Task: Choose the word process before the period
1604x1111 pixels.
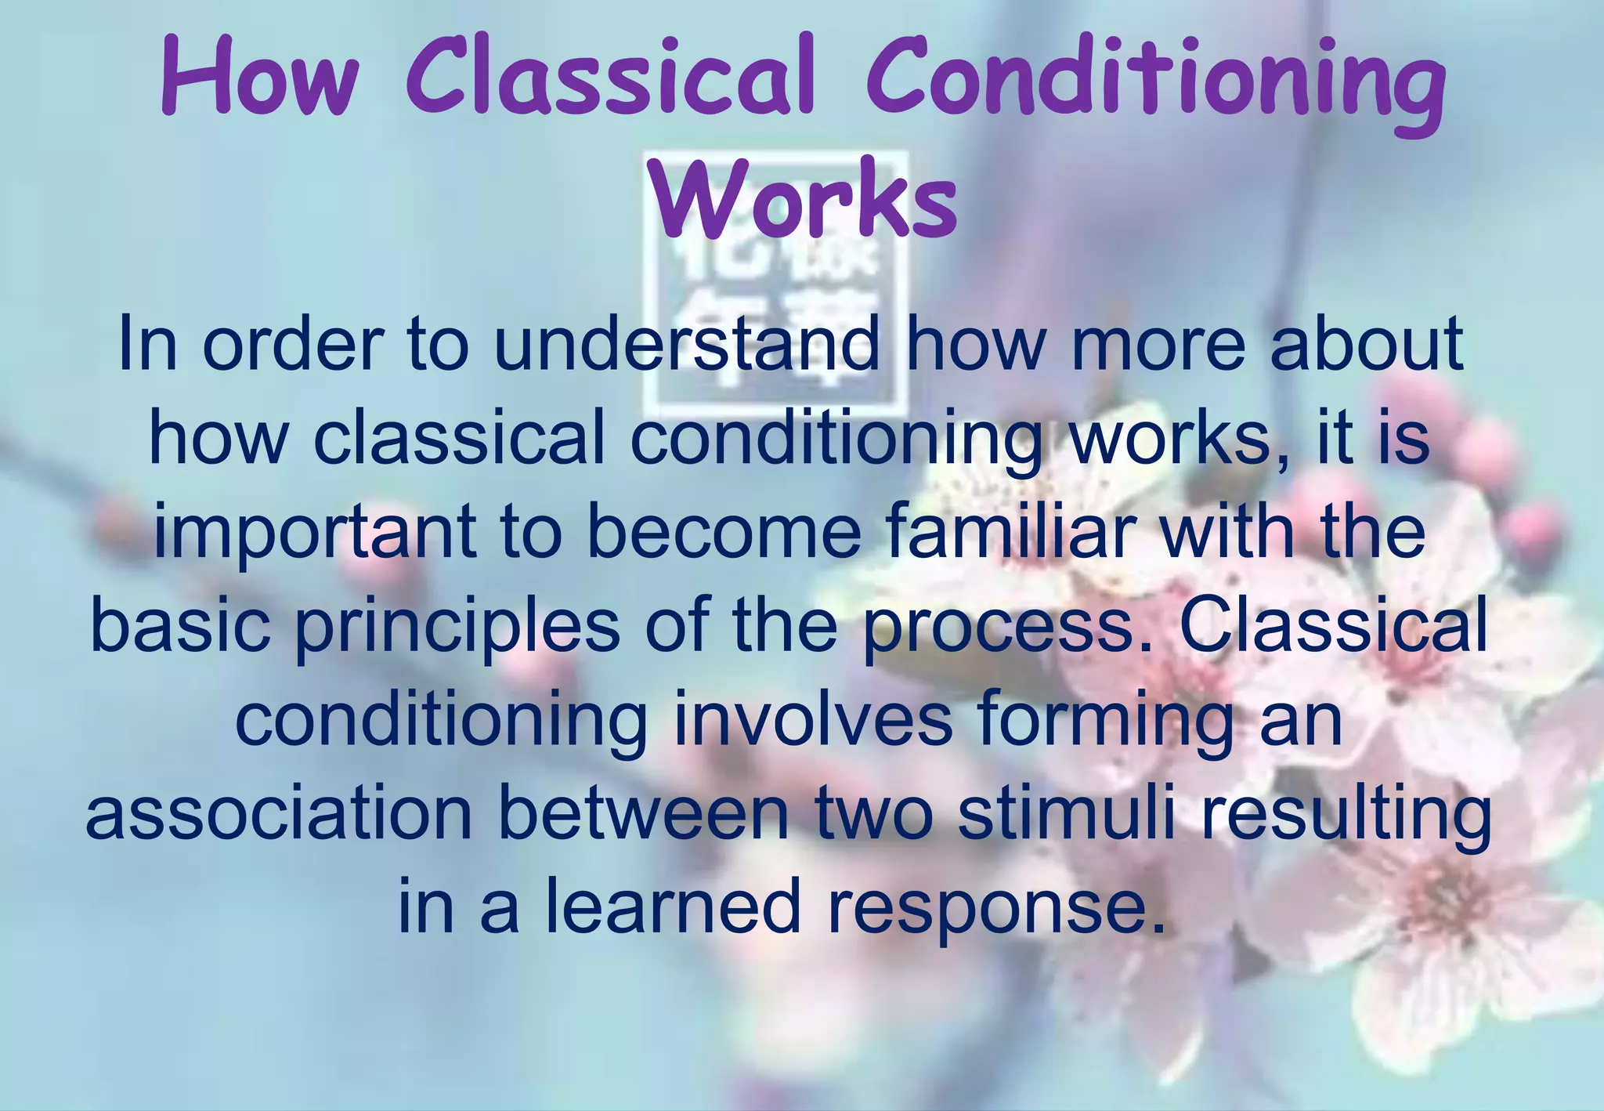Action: click(x=999, y=629)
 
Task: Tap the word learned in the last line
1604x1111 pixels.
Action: click(x=674, y=907)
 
